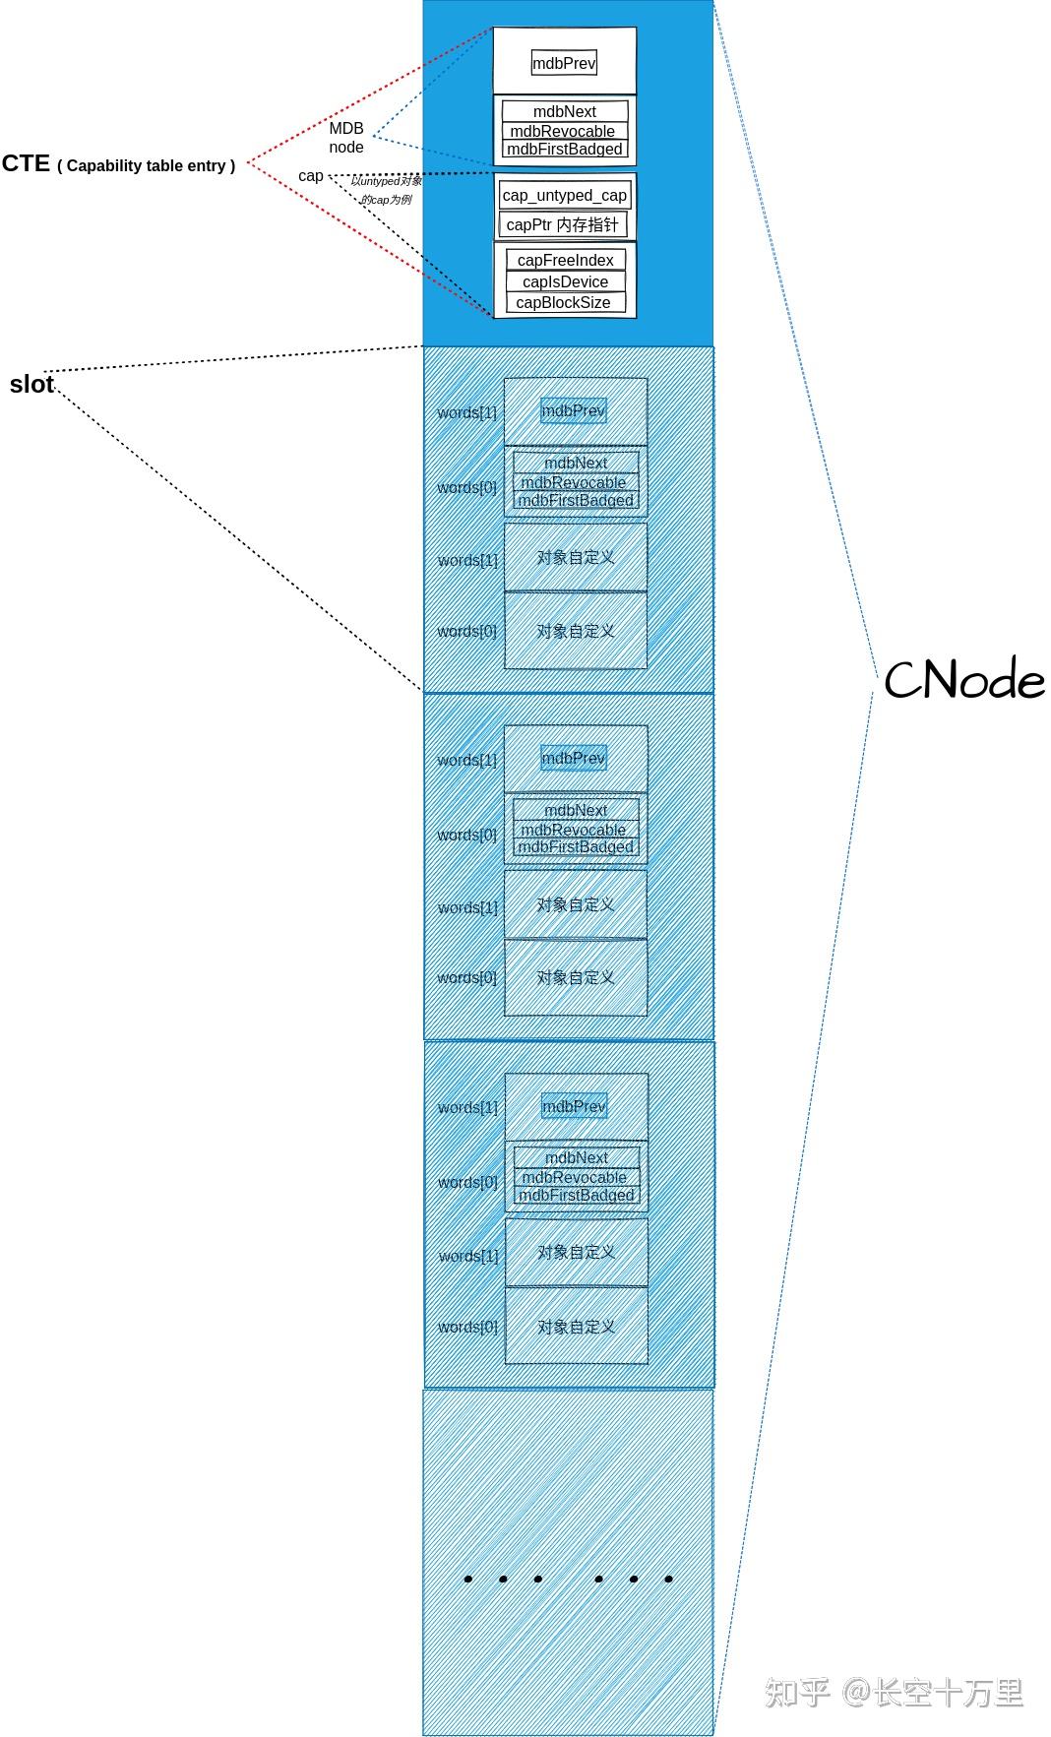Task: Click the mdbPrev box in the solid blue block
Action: (x=564, y=63)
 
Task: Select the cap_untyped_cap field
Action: (x=564, y=195)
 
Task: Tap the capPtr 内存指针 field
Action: (x=562, y=224)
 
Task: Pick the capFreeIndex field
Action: (x=565, y=260)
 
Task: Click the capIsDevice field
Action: (x=565, y=281)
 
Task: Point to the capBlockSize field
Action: (x=563, y=302)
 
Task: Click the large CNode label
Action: (x=963, y=680)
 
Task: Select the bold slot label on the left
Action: (x=31, y=385)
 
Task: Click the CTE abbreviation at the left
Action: (x=26, y=163)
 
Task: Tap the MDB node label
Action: (x=346, y=137)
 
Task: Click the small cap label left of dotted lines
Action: (x=311, y=176)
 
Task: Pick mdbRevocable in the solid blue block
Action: (x=562, y=131)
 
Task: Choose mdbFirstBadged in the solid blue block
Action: (x=564, y=149)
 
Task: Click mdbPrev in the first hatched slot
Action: (x=573, y=410)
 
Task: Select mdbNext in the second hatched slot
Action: (x=576, y=810)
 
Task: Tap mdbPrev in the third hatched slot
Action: (x=574, y=1106)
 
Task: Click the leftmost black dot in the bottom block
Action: (x=468, y=1579)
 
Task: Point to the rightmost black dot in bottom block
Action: (x=668, y=1579)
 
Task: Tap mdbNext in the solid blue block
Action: (x=564, y=111)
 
